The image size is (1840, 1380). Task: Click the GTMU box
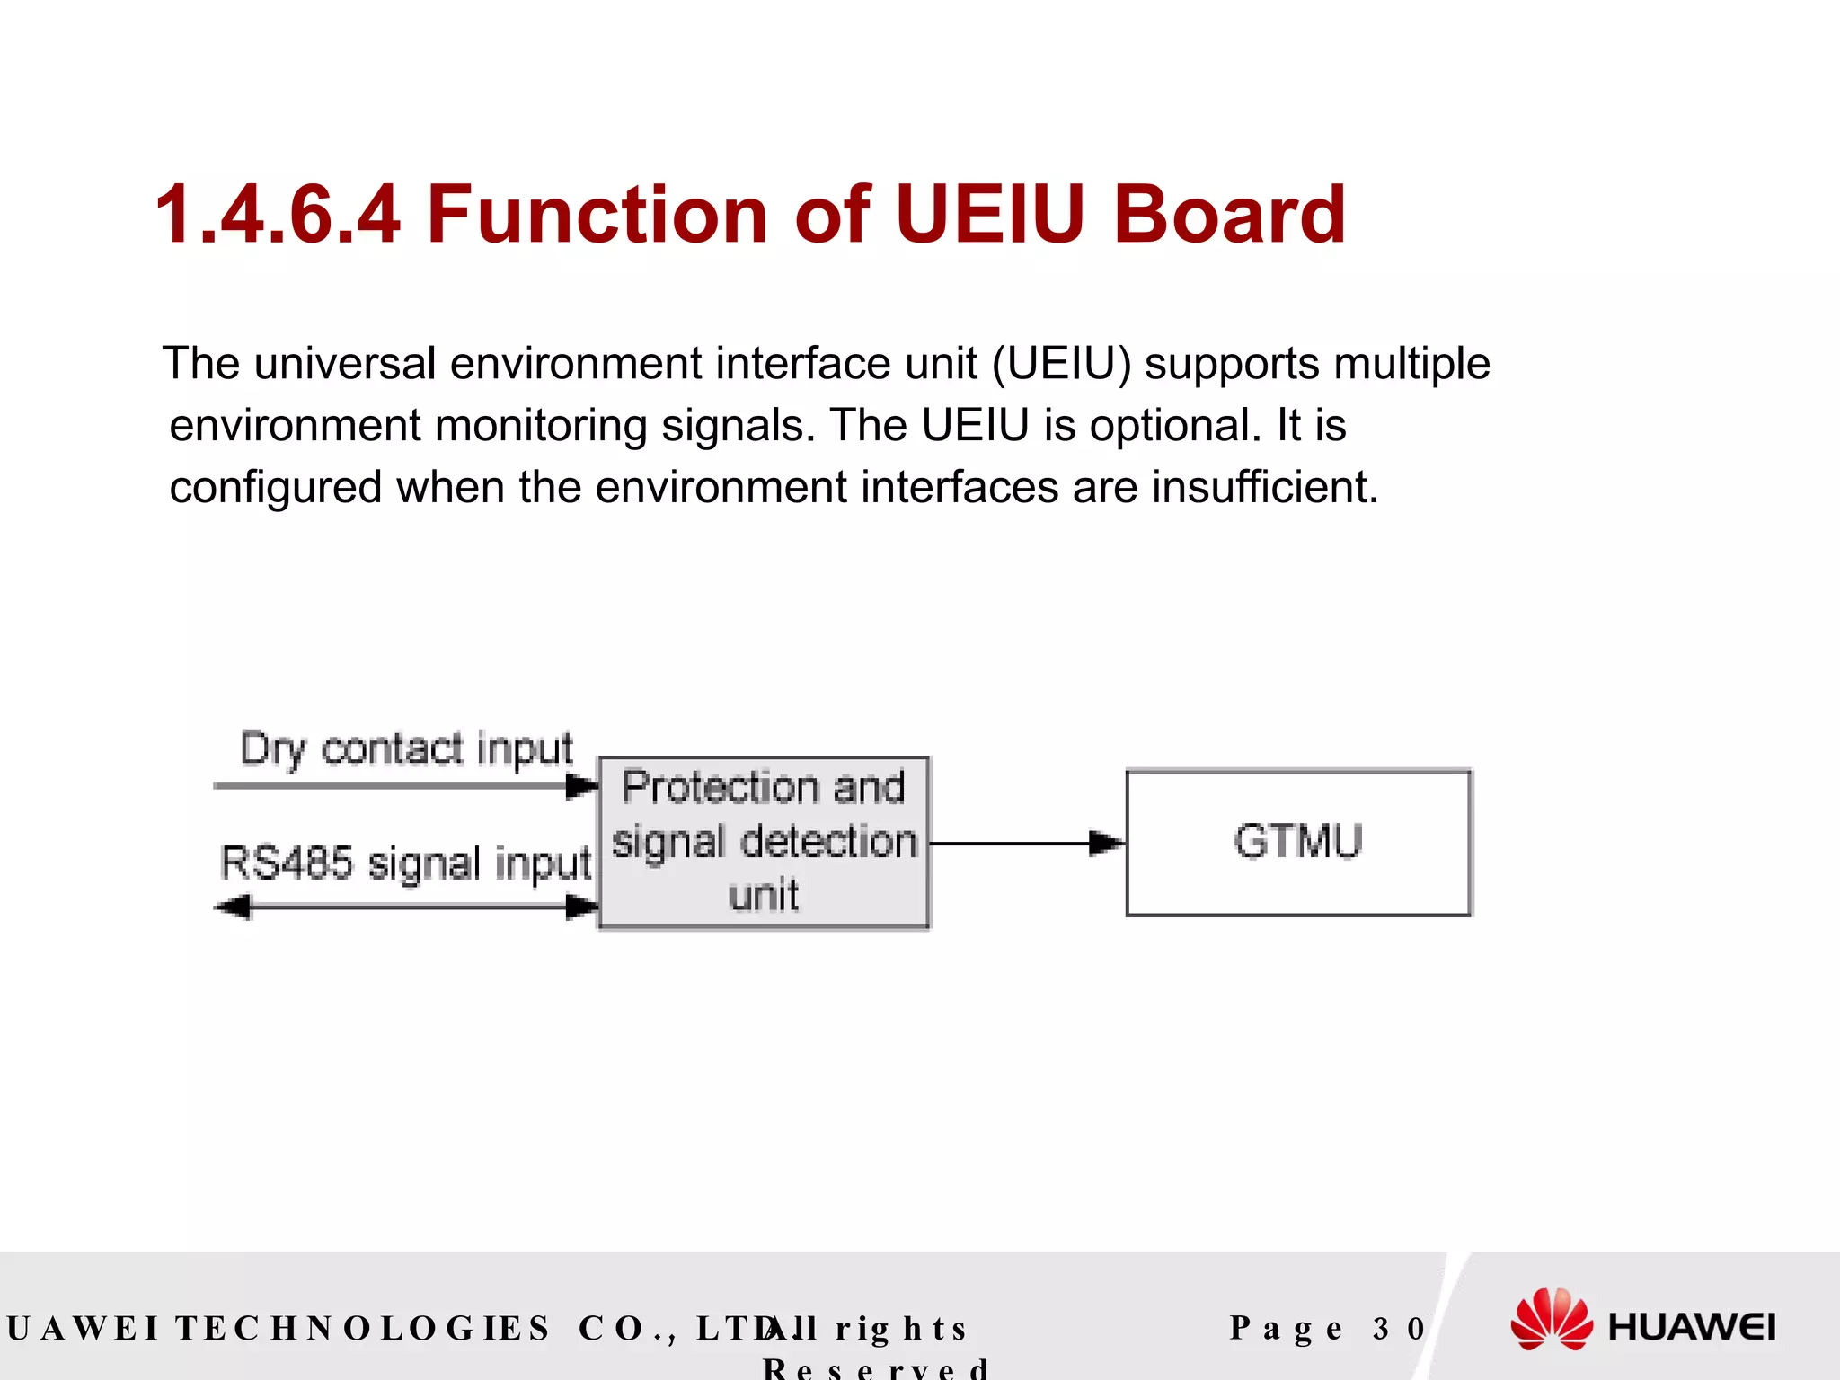pos(1298,843)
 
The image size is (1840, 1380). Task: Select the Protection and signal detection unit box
pos(764,842)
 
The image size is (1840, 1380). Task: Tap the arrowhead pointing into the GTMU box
pos(1106,843)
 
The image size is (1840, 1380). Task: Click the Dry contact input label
pos(406,749)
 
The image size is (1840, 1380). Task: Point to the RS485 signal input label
pos(405,862)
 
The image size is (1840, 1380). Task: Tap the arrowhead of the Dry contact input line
pos(582,786)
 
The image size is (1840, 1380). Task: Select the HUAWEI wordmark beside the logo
pos(1692,1327)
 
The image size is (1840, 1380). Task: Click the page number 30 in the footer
pos(1399,1328)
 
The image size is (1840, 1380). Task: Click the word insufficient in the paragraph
pos(1264,487)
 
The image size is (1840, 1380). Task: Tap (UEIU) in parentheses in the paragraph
pos(1061,364)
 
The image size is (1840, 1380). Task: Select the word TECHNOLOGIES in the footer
pos(362,1328)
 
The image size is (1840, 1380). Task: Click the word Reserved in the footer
pos(876,1368)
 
